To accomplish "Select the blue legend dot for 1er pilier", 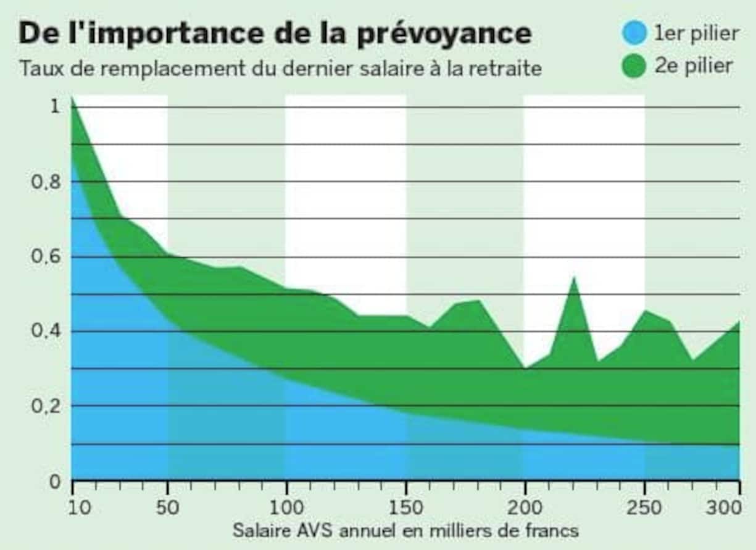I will pos(634,33).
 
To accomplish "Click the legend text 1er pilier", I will pos(696,33).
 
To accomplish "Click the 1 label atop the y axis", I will pos(55,107).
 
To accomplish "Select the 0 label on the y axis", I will pos(55,481).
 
